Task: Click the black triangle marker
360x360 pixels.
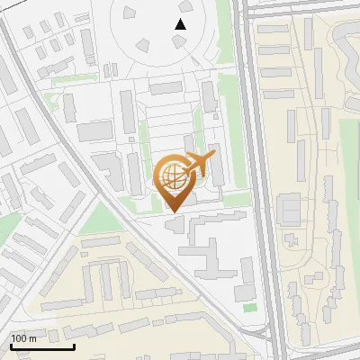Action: [181, 24]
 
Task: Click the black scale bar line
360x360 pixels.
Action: [41, 346]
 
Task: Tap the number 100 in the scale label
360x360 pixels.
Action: [20, 338]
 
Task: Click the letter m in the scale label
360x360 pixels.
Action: [32, 338]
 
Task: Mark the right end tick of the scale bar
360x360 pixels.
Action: [73, 345]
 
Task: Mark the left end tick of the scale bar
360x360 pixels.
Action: [10, 345]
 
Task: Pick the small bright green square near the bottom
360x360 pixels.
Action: [248, 308]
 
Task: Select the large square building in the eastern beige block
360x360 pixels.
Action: [290, 210]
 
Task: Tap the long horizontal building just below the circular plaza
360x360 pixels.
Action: [166, 88]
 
